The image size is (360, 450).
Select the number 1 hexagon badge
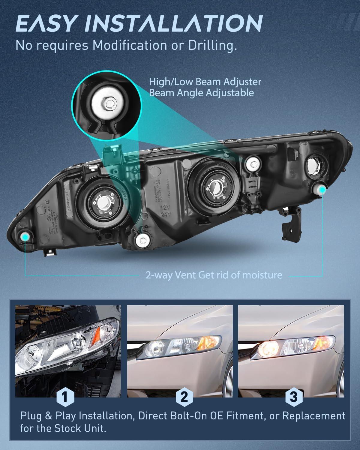point(64,397)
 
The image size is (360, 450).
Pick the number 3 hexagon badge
point(293,397)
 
